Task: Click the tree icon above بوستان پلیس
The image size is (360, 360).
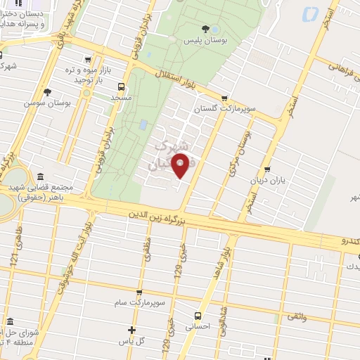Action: click(205, 29)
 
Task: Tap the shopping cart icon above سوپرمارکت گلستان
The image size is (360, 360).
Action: click(224, 98)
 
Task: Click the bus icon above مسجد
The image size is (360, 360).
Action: click(122, 87)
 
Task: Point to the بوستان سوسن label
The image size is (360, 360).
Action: click(47, 103)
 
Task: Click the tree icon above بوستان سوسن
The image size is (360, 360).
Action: click(47, 91)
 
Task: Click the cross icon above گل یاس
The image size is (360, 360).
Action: click(131, 330)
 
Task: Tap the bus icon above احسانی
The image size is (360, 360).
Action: click(198, 316)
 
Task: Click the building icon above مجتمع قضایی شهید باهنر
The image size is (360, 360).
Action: click(40, 176)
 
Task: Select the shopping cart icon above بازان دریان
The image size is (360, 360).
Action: click(266, 169)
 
